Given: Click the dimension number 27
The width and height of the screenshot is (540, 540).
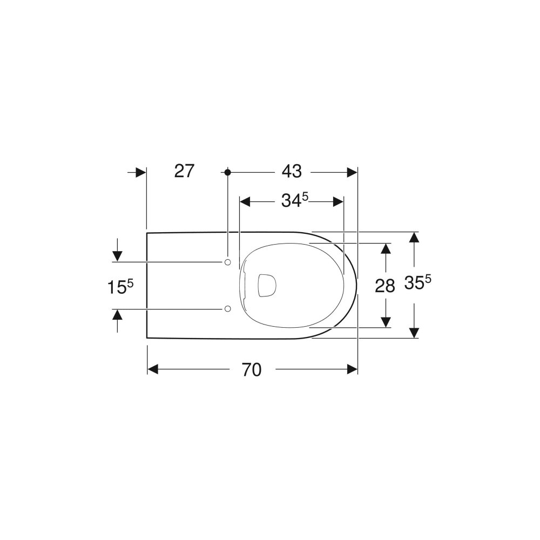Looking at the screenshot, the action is [x=184, y=171].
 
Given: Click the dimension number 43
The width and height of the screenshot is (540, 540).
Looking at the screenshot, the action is [x=292, y=171].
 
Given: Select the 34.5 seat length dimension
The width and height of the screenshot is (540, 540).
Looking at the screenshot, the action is [x=295, y=200].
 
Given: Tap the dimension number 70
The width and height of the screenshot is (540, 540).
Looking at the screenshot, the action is [x=252, y=370].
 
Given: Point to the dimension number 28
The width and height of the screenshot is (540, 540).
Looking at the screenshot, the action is [x=385, y=286].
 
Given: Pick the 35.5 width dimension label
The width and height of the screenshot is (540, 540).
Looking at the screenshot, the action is [x=417, y=283].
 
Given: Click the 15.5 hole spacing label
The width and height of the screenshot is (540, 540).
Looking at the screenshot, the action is [x=120, y=287].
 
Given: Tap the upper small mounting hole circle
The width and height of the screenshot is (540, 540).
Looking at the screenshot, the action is [x=227, y=262].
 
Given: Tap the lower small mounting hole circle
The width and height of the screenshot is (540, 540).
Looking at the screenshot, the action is [x=227, y=309].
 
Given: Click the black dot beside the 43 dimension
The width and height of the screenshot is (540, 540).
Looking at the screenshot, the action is [x=227, y=172].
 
